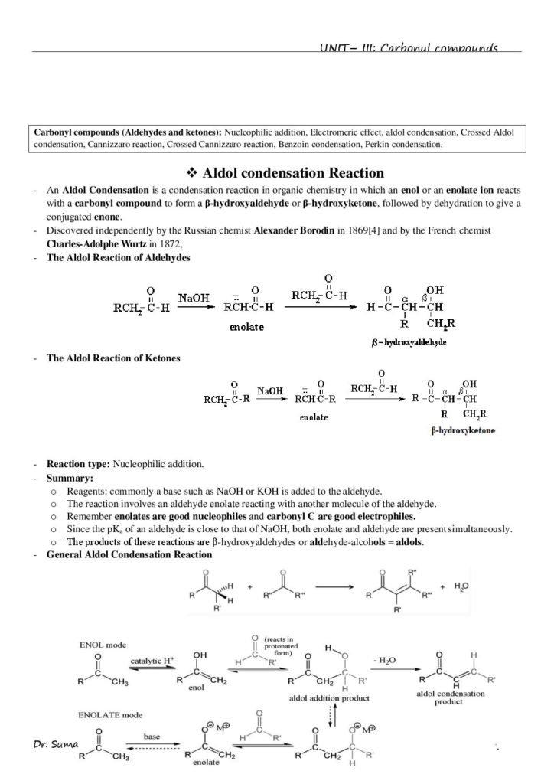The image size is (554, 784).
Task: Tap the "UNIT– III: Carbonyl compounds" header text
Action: point(409,48)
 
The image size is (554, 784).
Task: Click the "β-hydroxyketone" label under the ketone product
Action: point(462,431)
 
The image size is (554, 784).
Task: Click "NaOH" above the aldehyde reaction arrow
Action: point(195,296)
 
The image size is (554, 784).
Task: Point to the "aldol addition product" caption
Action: point(329,699)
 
